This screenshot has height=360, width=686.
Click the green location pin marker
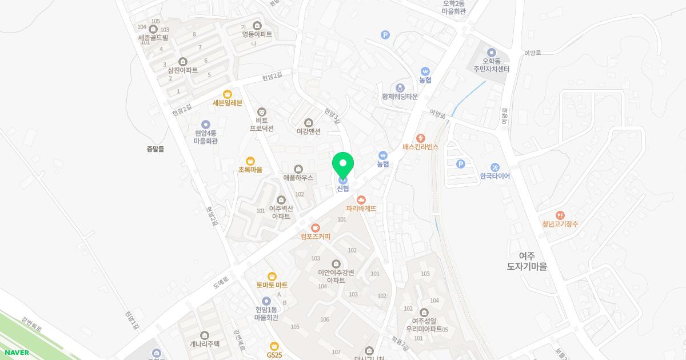(343, 165)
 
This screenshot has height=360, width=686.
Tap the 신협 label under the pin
(343, 189)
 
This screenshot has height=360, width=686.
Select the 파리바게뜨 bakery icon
(361, 199)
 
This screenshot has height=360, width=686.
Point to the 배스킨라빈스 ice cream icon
(421, 138)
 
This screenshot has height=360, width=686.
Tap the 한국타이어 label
(495, 176)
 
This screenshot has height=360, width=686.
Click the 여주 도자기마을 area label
(527, 261)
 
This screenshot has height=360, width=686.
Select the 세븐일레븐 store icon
(228, 94)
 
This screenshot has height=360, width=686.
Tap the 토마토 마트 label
(272, 285)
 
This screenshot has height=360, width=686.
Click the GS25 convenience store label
(274, 355)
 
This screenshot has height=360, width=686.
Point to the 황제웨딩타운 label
(400, 97)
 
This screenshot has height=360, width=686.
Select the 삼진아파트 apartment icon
(183, 62)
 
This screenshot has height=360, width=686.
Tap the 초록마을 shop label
(250, 170)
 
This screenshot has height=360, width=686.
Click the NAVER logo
(17, 353)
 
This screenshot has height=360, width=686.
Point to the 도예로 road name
(220, 281)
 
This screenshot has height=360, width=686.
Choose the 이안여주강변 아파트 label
(336, 276)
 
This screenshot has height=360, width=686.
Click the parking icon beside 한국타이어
(461, 165)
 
